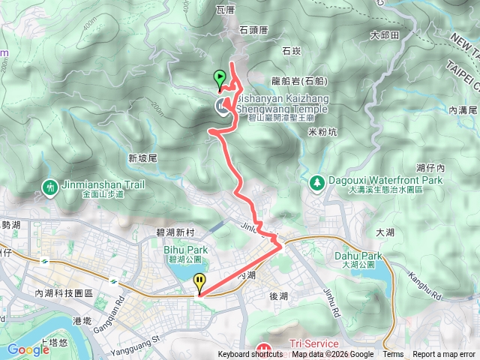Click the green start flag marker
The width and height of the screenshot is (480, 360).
[219, 78]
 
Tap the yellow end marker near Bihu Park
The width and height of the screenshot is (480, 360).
[199, 283]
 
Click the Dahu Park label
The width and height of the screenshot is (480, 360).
[358, 256]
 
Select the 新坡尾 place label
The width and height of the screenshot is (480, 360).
[142, 158]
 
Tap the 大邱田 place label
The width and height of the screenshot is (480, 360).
[384, 35]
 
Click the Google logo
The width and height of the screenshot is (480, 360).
[28, 349]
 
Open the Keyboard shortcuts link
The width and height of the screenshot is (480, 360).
[251, 355]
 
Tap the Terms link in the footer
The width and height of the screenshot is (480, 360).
[392, 355]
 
